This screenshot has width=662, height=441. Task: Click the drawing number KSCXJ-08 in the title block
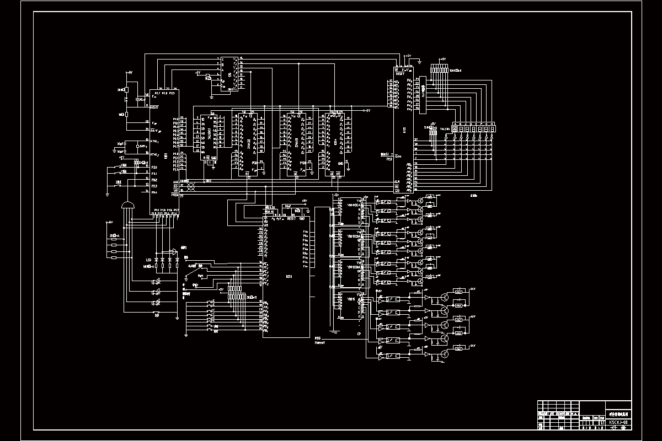[617, 422]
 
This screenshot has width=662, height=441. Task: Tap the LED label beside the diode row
[148, 259]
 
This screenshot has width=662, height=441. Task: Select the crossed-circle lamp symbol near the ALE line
[191, 187]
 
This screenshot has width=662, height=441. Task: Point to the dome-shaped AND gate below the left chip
[127, 206]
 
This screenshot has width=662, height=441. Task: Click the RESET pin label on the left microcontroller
[154, 107]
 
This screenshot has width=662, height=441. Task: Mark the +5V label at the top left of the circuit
[129, 72]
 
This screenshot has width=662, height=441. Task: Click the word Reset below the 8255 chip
[319, 342]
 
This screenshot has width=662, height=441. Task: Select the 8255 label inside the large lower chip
[289, 277]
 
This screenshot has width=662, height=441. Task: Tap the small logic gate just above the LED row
[174, 251]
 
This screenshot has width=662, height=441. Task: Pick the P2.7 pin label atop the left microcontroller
[157, 94]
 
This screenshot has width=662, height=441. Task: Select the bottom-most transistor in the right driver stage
[443, 354]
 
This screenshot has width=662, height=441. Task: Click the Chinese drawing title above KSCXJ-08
[617, 414]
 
